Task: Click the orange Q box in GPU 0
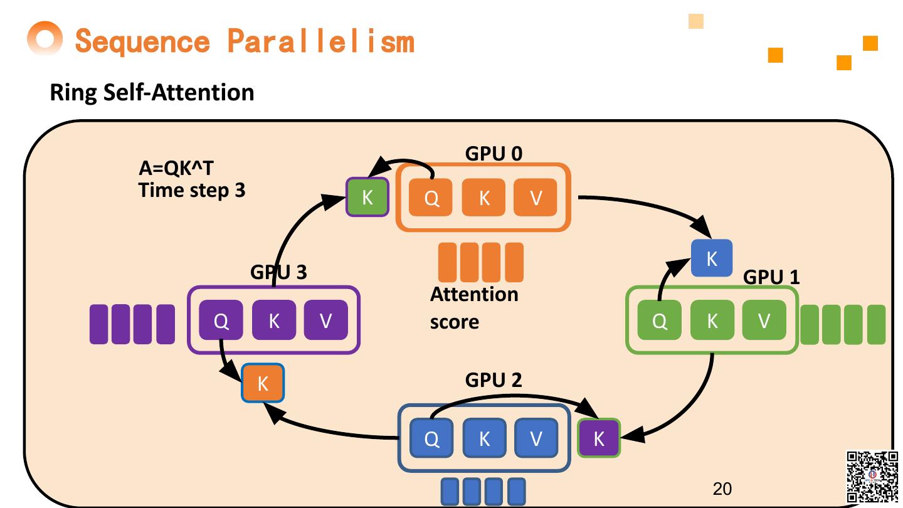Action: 431,198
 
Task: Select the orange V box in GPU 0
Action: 536,198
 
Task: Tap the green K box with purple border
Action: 367,198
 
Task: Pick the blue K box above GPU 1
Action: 712,258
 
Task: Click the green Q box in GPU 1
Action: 659,320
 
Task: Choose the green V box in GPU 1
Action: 764,320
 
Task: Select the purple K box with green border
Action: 598,438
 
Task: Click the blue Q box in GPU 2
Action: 431,438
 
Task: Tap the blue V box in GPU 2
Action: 536,438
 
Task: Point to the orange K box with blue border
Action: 263,383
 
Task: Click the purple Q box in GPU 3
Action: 221,320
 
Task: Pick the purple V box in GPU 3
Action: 325,320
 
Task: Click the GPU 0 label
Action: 494,154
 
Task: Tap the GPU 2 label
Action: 494,380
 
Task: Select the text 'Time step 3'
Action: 192,189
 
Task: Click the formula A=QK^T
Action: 176,169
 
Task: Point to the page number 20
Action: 722,489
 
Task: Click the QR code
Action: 872,477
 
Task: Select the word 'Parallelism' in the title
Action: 320,41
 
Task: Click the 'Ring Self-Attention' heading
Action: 152,93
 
